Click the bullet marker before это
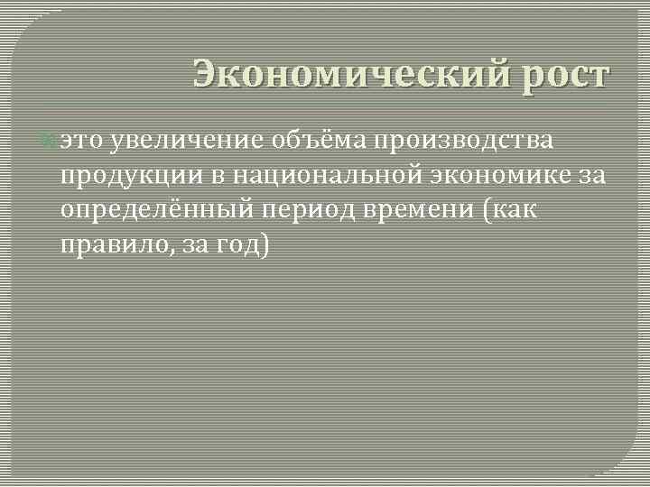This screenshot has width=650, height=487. pos(50,142)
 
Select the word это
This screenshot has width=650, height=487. pos(81,142)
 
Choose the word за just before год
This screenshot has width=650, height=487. pos(195,245)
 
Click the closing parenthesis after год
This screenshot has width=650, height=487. pos(265,245)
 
